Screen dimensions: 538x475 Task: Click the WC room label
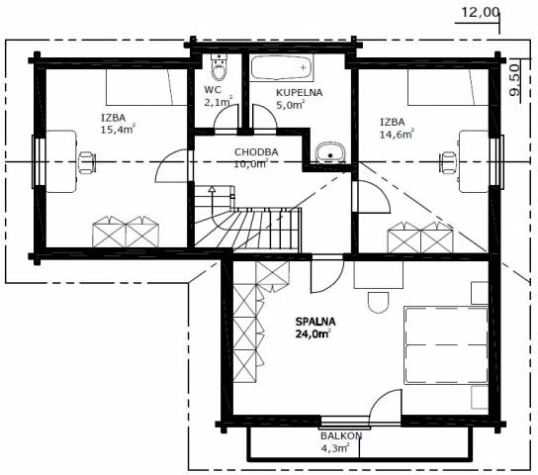pyautogui.click(x=213, y=90)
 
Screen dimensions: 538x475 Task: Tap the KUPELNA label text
pyautogui.click(x=300, y=93)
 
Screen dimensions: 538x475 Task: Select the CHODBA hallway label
pyautogui.click(x=256, y=152)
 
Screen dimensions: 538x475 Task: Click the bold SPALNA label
pyautogui.click(x=315, y=322)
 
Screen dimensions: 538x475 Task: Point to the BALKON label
pyautogui.click(x=341, y=435)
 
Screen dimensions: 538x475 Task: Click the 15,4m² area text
pyautogui.click(x=118, y=130)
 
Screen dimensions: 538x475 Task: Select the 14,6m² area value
pyautogui.click(x=397, y=134)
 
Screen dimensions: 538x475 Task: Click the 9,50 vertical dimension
pyautogui.click(x=514, y=80)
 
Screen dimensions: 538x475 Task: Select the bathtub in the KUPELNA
pyautogui.click(x=281, y=68)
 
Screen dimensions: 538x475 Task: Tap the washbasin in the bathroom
pyautogui.click(x=330, y=152)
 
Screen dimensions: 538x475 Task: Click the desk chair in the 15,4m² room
pyautogui.click(x=87, y=162)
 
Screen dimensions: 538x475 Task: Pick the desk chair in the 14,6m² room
pyautogui.click(x=448, y=162)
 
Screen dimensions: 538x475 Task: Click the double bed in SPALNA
pyautogui.click(x=446, y=345)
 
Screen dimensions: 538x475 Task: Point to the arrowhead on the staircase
pyautogui.click(x=212, y=188)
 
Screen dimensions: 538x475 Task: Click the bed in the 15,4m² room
pyautogui.click(x=146, y=87)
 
